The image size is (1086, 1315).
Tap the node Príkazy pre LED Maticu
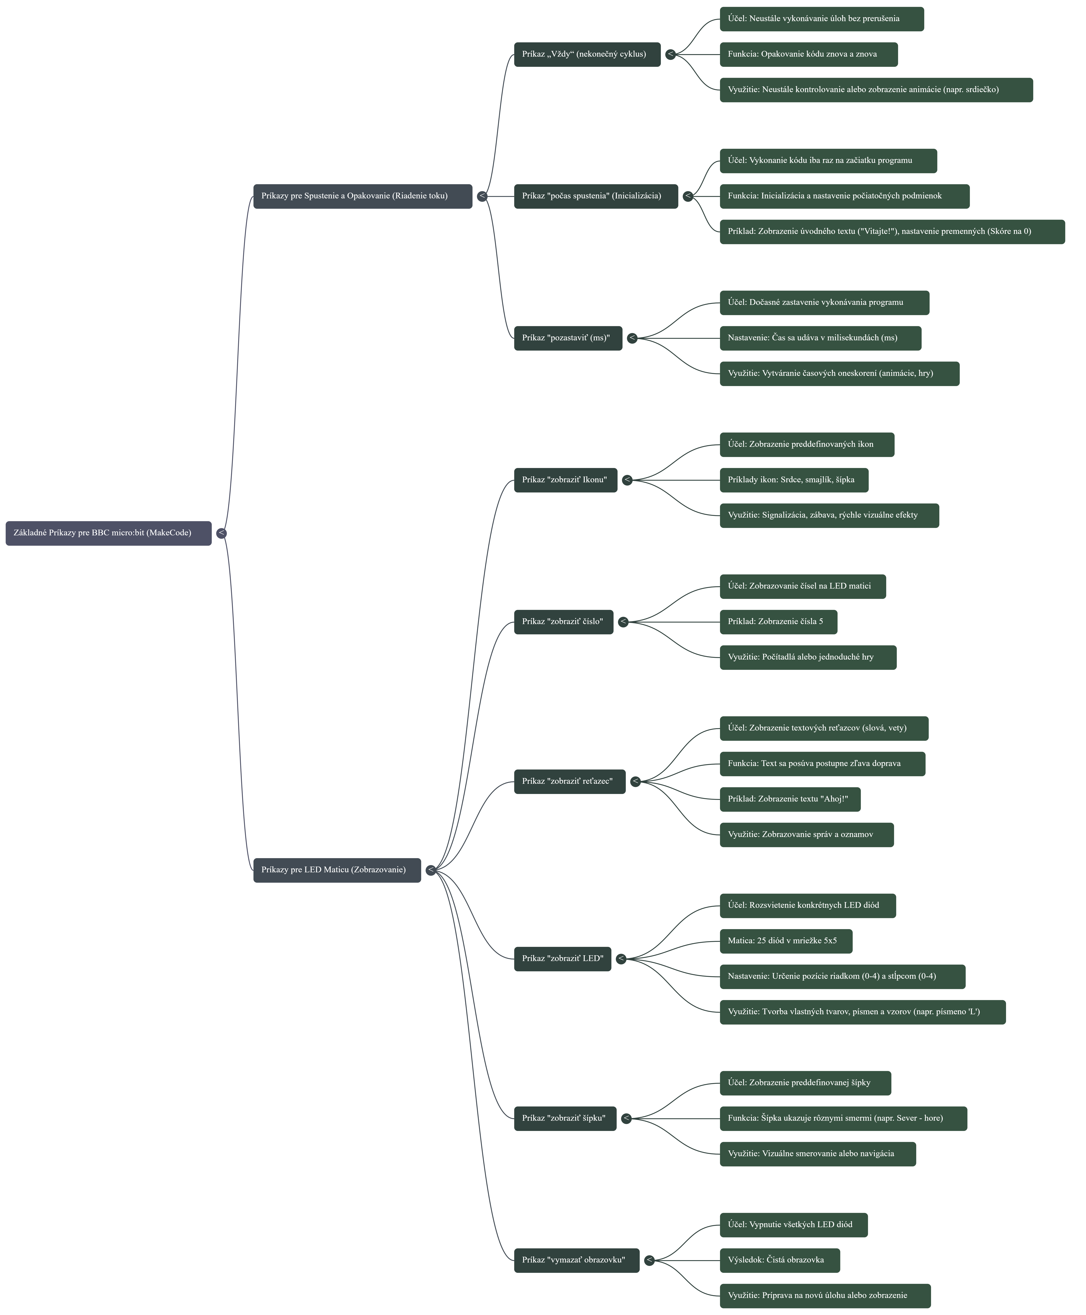point(337,870)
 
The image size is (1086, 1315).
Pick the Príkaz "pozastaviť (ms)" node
point(567,338)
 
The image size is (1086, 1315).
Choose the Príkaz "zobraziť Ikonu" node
point(565,480)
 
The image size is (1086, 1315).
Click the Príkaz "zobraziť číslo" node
point(563,622)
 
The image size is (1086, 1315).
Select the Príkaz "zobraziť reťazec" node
point(569,782)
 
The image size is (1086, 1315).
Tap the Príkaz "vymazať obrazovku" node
point(576,1260)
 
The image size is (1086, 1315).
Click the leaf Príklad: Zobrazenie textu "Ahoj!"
point(789,799)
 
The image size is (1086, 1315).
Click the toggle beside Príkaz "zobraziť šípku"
point(626,1119)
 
